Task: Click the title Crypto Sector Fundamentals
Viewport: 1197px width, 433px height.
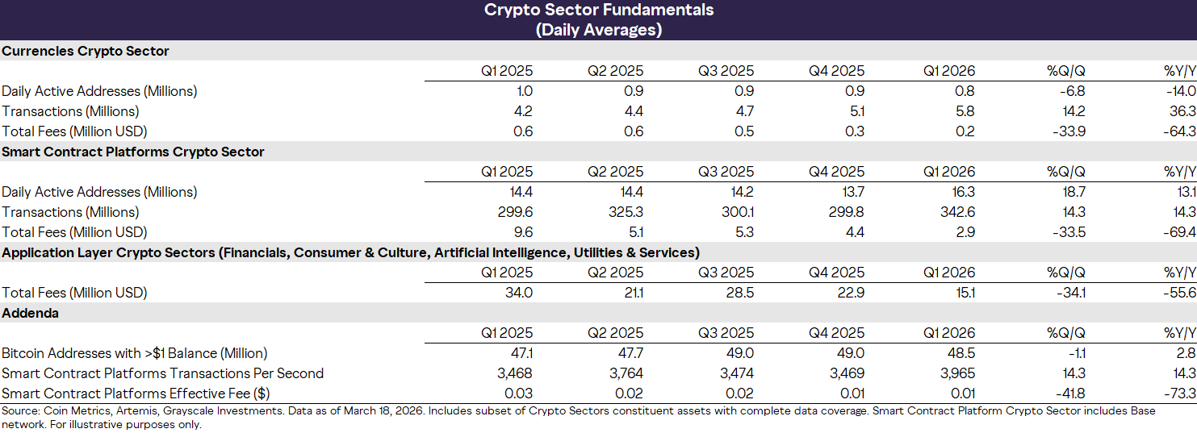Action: tap(598, 10)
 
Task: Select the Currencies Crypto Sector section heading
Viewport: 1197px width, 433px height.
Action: tap(86, 51)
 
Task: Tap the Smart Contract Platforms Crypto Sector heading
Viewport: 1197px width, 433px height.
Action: tap(133, 152)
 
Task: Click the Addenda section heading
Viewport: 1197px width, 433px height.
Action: tap(30, 313)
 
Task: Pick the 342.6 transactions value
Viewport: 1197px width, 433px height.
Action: tap(956, 212)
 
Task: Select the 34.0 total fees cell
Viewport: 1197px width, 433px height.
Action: tap(517, 293)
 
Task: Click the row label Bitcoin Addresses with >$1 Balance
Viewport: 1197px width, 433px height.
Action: tap(135, 353)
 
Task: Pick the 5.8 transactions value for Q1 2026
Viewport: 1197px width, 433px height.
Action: tap(965, 111)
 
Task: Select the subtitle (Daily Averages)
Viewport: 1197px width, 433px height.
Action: tap(598, 30)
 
